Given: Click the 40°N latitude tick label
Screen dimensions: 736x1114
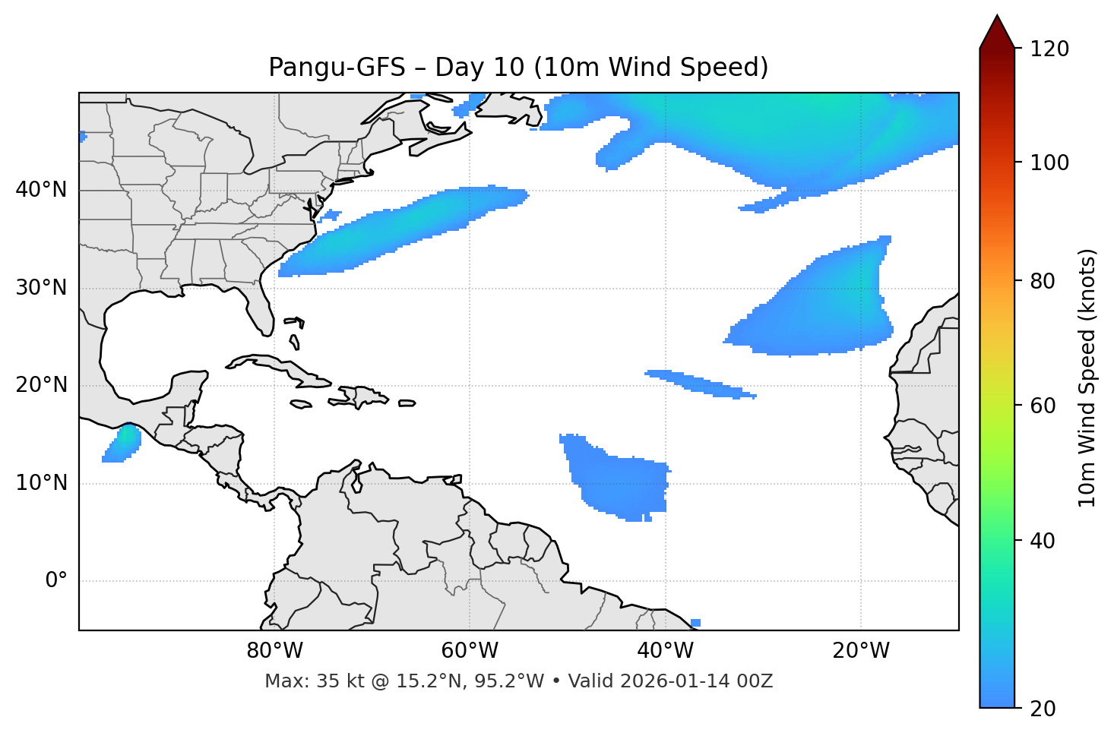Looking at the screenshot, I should pyautogui.click(x=41, y=190).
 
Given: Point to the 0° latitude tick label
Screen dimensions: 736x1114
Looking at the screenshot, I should pyautogui.click(x=56, y=581).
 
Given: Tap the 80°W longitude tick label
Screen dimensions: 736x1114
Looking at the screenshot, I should pyautogui.click(x=274, y=651).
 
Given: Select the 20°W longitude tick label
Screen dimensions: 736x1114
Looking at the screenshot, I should pyautogui.click(x=861, y=651).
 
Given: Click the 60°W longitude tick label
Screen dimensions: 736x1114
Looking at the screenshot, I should pyautogui.click(x=470, y=651).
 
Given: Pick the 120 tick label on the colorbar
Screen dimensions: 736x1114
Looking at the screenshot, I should pyautogui.click(x=1049, y=49).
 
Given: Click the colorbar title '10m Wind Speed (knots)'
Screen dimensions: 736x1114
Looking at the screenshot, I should pyautogui.click(x=1087, y=377).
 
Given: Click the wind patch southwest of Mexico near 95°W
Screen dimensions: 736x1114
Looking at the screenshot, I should pyautogui.click(x=122, y=444).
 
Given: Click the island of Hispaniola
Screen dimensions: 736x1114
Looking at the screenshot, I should pyautogui.click(x=363, y=396).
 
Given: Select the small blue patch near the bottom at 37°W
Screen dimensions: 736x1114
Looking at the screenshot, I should pyautogui.click(x=695, y=623).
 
